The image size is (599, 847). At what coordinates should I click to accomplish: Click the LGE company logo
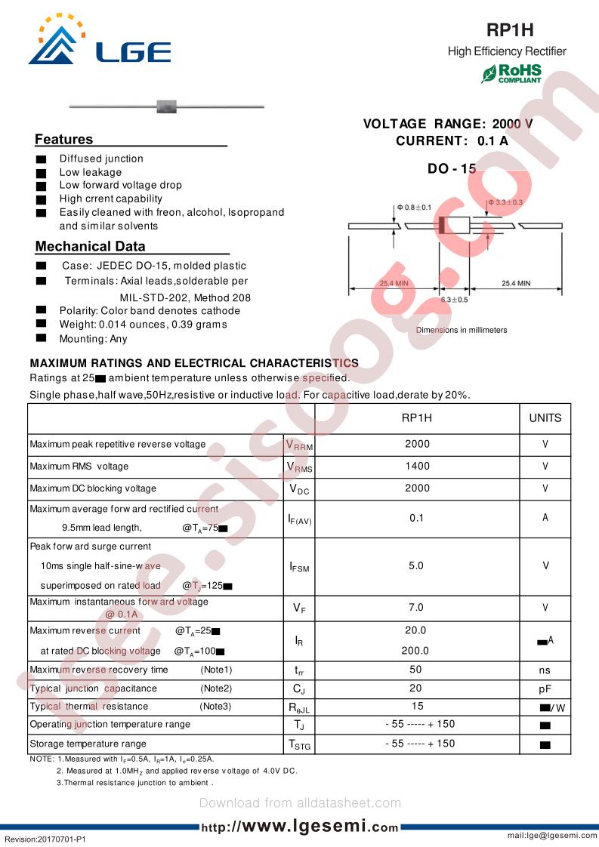(99, 42)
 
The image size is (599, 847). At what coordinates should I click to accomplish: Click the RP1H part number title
(509, 30)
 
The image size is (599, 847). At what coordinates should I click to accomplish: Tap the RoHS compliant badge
(512, 74)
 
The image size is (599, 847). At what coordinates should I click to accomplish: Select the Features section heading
(64, 140)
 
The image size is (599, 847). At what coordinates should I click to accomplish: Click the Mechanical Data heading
(90, 246)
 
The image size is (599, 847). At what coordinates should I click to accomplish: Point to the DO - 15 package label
(452, 169)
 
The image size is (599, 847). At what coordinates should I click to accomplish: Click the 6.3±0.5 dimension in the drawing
(454, 300)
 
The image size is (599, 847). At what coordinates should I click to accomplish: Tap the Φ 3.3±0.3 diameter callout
(505, 202)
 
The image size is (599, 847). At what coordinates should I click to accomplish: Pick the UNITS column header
(545, 418)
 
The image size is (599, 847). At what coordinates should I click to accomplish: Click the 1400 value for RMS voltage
(417, 467)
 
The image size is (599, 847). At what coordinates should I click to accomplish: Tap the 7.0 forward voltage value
(416, 608)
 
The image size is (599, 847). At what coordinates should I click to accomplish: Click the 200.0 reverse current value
(416, 650)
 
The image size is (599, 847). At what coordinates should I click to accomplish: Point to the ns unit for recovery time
(545, 670)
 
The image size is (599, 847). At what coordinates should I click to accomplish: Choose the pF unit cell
(545, 689)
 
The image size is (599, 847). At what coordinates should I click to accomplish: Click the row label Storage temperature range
(88, 744)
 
